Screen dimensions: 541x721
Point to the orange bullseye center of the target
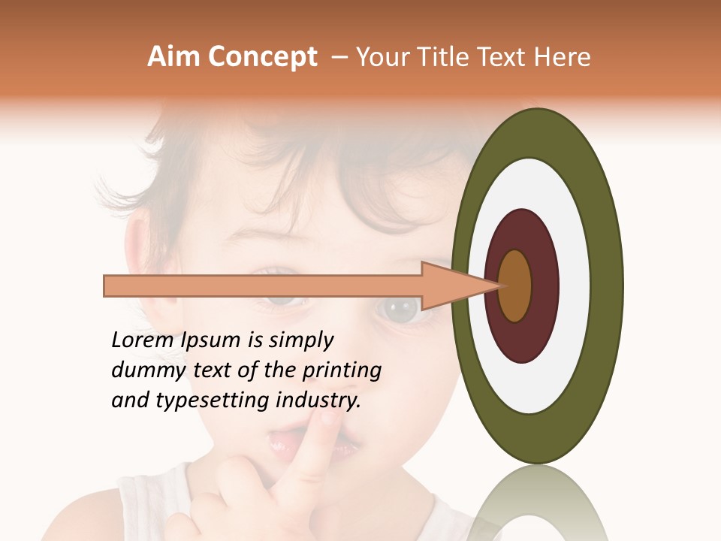(515, 286)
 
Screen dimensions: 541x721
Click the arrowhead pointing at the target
(451, 286)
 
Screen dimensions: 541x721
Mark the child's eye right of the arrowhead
(401, 307)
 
